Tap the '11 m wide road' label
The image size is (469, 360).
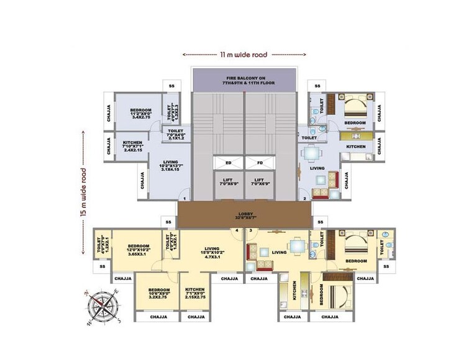pyautogui.click(x=244, y=55)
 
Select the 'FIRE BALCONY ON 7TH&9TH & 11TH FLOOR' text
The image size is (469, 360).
pyautogui.click(x=243, y=79)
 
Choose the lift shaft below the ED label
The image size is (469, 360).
pyautogui.click(x=228, y=181)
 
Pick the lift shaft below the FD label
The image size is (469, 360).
pyautogui.click(x=260, y=181)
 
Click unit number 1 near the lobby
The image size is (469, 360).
pyautogui.click(x=184, y=199)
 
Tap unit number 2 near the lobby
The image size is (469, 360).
pyautogui.click(x=305, y=199)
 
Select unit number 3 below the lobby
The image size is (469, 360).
pyautogui.click(x=250, y=232)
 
